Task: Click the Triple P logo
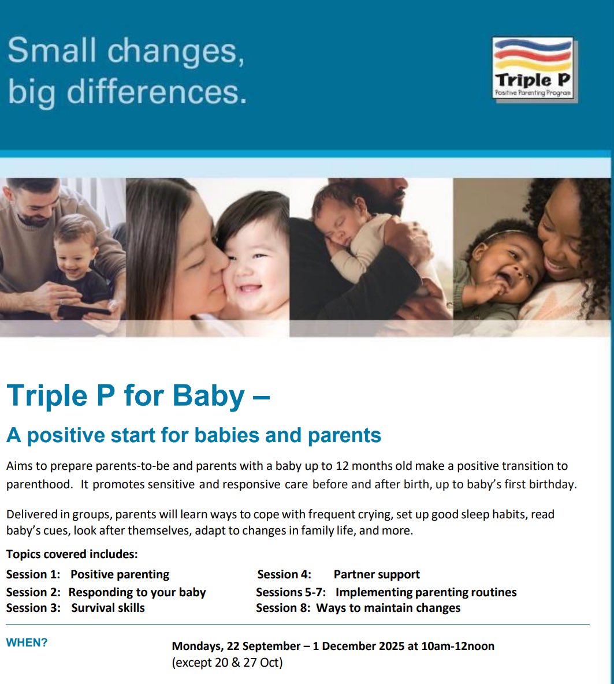[x=533, y=68]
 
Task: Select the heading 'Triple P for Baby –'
[x=138, y=396]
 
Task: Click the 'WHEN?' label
[x=27, y=642]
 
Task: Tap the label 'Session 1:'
[x=33, y=574]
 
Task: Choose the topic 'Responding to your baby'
[x=137, y=592]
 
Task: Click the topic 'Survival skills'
[x=108, y=608]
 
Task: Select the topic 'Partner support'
[x=377, y=574]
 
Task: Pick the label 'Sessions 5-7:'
[x=291, y=592]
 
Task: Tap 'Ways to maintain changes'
[x=388, y=608]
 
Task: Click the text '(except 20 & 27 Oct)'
[x=227, y=663]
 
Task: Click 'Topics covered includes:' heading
[x=72, y=555]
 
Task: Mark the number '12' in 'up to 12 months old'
[x=343, y=466]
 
